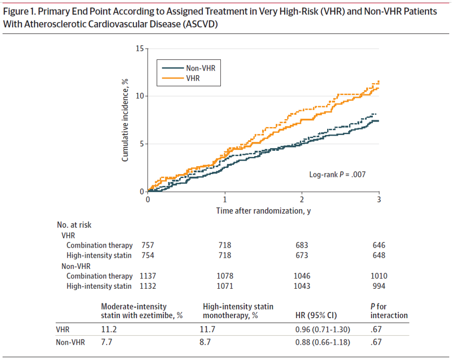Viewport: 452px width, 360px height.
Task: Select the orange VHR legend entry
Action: click(x=181, y=78)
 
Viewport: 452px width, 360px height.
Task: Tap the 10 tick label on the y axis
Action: click(x=140, y=96)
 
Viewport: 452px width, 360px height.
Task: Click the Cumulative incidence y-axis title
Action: click(x=124, y=120)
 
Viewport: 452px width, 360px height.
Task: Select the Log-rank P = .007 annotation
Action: click(x=337, y=175)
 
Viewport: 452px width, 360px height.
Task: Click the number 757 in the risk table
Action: click(x=147, y=245)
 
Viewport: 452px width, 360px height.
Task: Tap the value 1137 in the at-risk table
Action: click(x=147, y=276)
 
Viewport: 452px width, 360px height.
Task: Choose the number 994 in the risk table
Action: click(x=379, y=286)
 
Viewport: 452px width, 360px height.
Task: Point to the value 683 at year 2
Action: click(x=302, y=245)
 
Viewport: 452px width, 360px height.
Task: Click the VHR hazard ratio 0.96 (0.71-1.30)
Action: click(x=323, y=329)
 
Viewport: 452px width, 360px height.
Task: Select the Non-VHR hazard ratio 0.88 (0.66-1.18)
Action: click(x=323, y=342)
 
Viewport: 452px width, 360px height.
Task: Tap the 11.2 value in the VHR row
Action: click(x=109, y=329)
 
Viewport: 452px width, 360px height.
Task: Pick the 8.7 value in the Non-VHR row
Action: click(x=205, y=342)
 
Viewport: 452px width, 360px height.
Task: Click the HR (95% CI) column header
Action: click(x=316, y=315)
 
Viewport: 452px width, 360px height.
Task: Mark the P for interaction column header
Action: click(x=389, y=311)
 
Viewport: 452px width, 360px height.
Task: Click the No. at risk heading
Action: click(x=74, y=225)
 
